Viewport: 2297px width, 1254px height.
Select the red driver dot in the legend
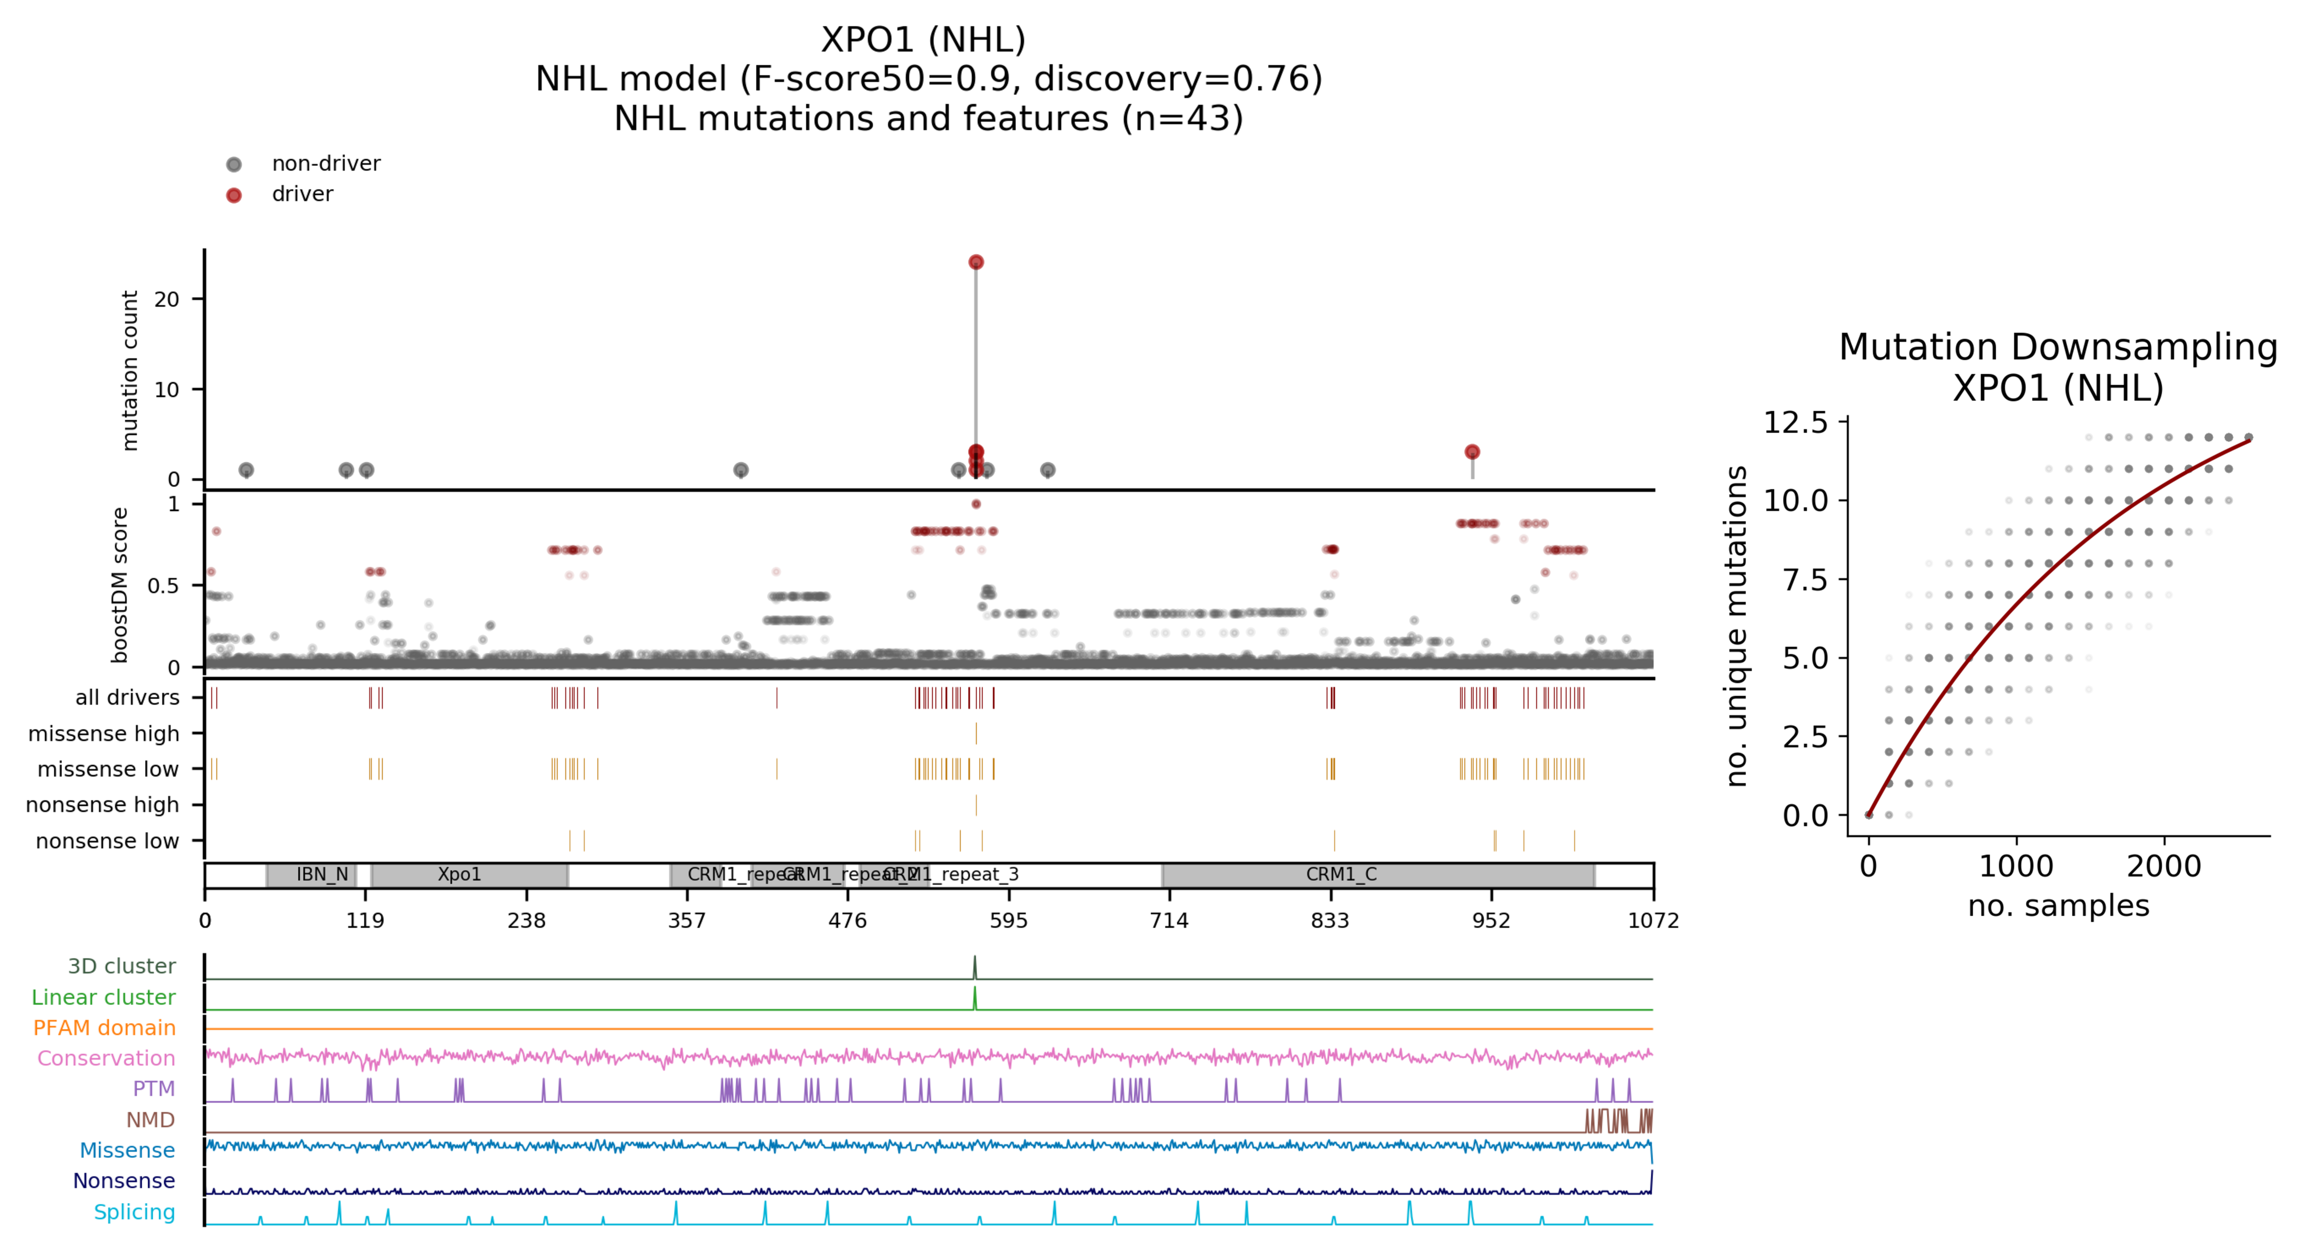[x=234, y=195]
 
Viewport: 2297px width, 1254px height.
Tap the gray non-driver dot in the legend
[x=234, y=164]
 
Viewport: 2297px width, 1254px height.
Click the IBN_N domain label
[x=322, y=874]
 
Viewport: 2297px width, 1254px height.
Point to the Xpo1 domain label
[x=459, y=874]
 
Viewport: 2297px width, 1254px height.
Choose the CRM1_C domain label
[x=1341, y=874]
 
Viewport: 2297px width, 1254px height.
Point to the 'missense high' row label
[x=103, y=734]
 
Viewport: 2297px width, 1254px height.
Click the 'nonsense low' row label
[x=107, y=841]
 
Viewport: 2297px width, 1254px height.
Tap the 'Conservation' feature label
[x=106, y=1059]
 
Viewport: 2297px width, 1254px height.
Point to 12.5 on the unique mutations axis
[x=1795, y=423]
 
